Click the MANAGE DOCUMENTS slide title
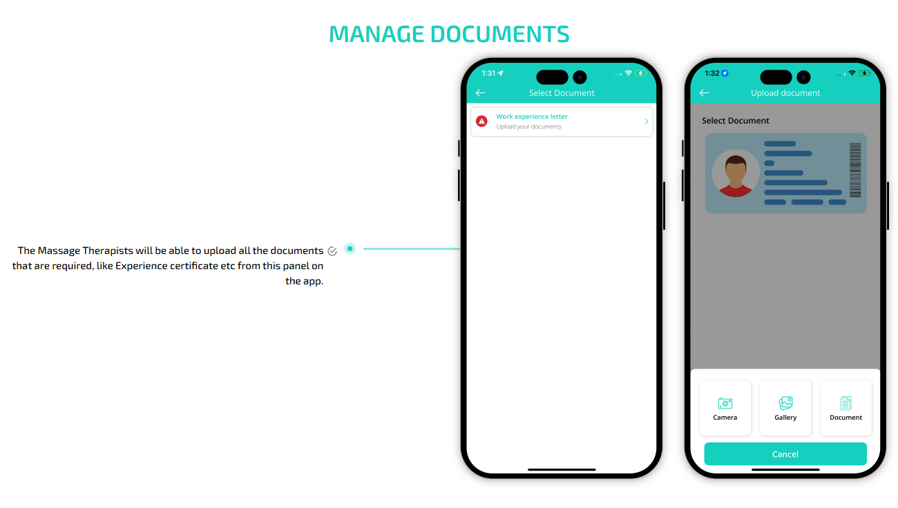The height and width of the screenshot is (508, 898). point(449,34)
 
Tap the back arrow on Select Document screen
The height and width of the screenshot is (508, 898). point(480,93)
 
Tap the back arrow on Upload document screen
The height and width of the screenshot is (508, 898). point(704,93)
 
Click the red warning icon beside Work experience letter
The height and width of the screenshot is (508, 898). point(481,121)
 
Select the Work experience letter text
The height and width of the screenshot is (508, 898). point(532,117)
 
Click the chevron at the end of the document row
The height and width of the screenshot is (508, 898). point(647,121)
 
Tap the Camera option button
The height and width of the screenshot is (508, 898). point(725,408)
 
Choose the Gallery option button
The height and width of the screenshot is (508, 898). point(785,408)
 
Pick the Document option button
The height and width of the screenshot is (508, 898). point(846,408)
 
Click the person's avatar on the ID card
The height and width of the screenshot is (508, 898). point(736,173)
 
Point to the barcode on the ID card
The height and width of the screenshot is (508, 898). point(855,170)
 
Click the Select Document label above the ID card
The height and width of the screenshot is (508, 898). point(735,121)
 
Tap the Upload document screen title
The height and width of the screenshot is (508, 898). point(785,93)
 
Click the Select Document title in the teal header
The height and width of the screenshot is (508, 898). point(561,93)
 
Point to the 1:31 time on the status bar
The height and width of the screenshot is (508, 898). point(488,73)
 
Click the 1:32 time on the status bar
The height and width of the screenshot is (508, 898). point(712,73)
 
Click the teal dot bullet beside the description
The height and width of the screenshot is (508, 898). point(350,248)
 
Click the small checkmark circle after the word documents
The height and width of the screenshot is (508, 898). point(332,251)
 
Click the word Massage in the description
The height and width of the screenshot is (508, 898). point(59,251)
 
